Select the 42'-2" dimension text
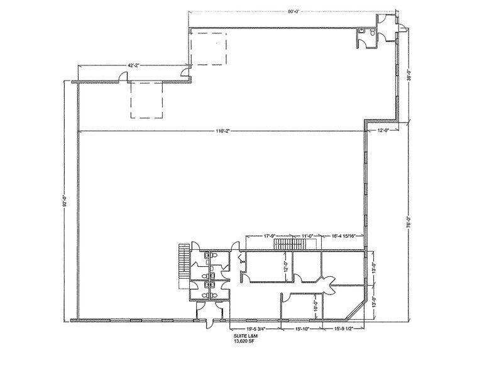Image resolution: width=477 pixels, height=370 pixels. click(x=101, y=65)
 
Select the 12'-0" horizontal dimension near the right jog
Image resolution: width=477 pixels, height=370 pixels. click(x=383, y=130)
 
